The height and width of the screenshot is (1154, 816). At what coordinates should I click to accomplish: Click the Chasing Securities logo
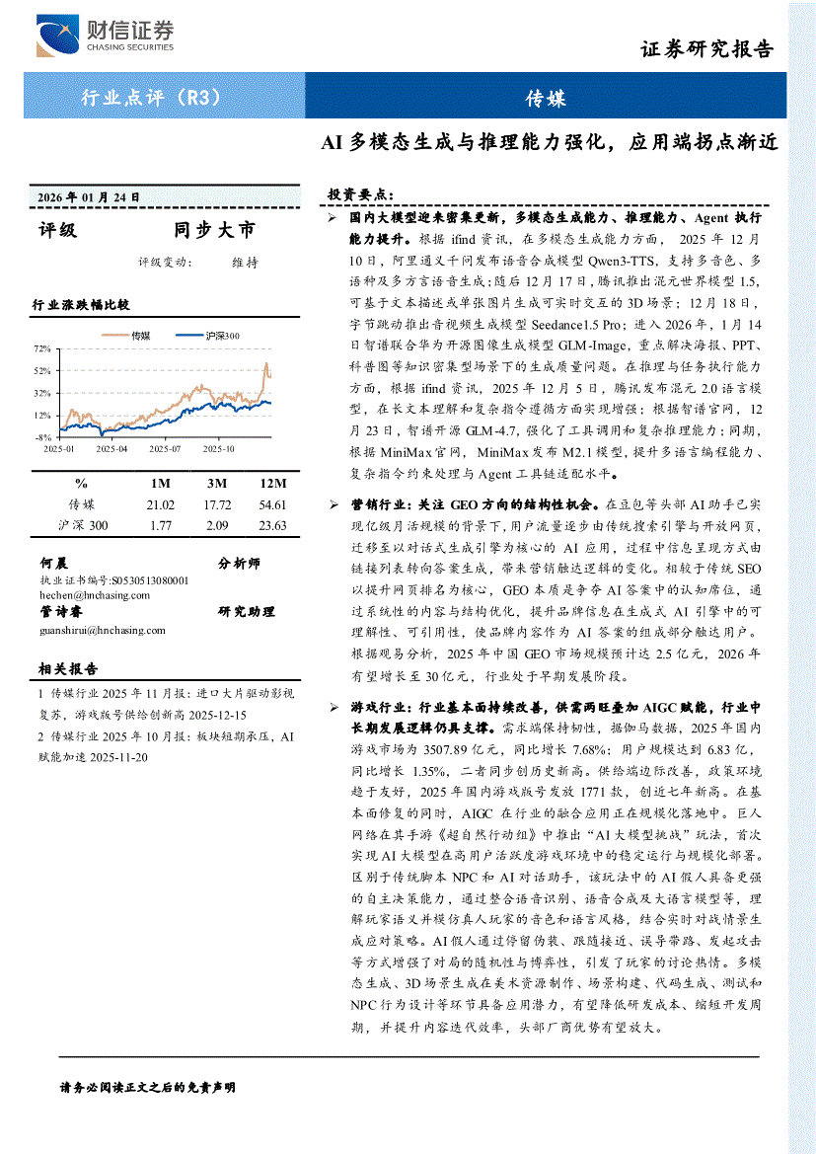[x=105, y=36]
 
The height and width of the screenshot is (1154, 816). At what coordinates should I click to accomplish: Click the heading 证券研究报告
[x=706, y=49]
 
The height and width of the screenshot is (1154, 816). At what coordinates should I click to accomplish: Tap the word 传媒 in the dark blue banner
[x=545, y=97]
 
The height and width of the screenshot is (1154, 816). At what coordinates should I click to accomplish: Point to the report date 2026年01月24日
[x=89, y=196]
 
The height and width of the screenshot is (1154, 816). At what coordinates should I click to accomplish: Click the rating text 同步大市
[x=214, y=230]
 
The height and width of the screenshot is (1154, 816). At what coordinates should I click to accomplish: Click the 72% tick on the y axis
[x=43, y=349]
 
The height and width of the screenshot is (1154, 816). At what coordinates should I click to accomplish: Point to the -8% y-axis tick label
[x=43, y=436]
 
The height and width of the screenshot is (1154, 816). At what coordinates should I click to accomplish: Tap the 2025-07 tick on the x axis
[x=165, y=448]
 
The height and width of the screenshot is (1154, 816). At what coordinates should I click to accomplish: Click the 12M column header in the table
[x=272, y=483]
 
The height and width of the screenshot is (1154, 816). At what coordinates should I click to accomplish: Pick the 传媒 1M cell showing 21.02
[x=160, y=504]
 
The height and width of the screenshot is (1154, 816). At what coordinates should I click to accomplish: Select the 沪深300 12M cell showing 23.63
[x=272, y=525]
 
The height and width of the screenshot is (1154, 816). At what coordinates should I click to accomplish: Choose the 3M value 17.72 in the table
[x=217, y=504]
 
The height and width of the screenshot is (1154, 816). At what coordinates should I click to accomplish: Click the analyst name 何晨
[x=53, y=564]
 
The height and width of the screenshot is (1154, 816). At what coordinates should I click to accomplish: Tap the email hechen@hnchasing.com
[x=88, y=595]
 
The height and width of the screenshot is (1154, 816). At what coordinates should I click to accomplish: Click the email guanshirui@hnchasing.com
[x=103, y=629]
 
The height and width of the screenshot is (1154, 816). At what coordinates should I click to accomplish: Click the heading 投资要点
[x=360, y=193]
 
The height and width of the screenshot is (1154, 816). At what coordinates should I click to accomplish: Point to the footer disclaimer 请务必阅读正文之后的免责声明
[x=148, y=1087]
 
